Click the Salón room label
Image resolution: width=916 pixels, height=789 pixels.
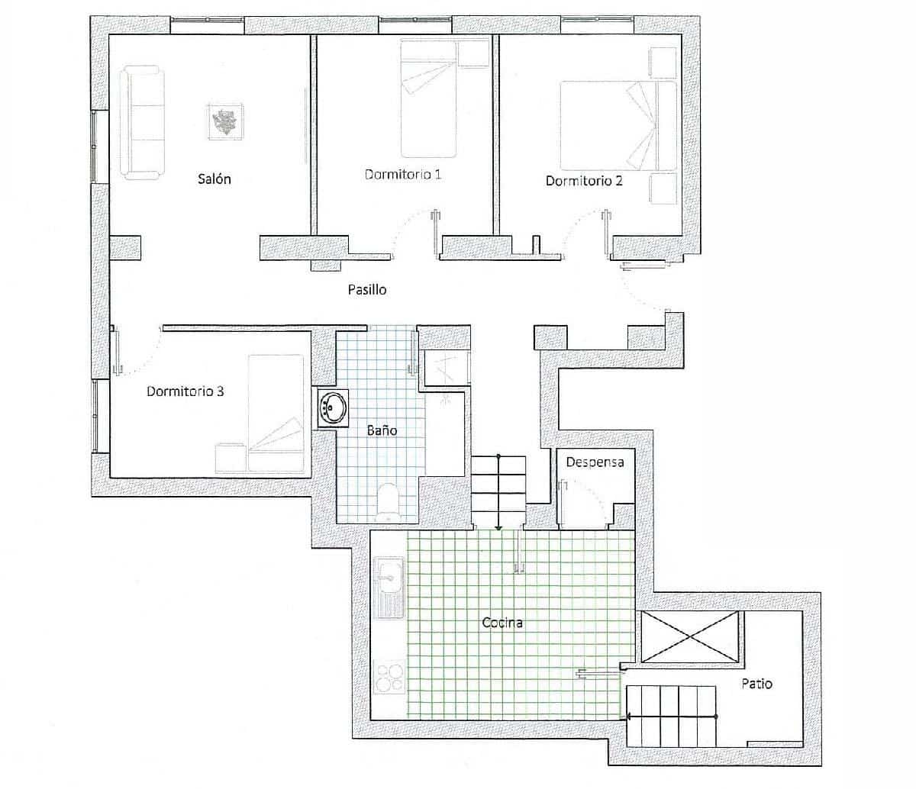pyautogui.click(x=214, y=179)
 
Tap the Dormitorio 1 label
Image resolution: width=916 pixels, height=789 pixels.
pyautogui.click(x=403, y=175)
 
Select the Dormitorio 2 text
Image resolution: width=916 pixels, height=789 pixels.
pyautogui.click(x=584, y=181)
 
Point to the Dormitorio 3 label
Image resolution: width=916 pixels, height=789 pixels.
pyautogui.click(x=185, y=391)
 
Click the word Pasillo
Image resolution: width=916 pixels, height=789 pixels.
pyautogui.click(x=367, y=290)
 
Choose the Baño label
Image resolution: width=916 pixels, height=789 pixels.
pyautogui.click(x=382, y=430)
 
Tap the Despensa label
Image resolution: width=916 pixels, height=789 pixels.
pyautogui.click(x=595, y=462)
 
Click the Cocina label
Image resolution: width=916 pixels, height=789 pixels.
pyautogui.click(x=502, y=623)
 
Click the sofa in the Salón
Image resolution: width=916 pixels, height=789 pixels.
pyautogui.click(x=141, y=124)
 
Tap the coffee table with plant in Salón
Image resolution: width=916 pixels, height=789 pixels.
pyautogui.click(x=225, y=121)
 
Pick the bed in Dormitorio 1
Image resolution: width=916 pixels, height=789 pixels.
pyautogui.click(x=429, y=98)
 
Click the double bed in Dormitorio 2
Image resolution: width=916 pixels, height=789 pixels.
pyautogui.click(x=618, y=126)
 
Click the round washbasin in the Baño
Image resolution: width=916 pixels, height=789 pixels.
pyautogui.click(x=332, y=407)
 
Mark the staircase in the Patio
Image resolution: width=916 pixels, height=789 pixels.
pyautogui.click(x=672, y=716)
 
